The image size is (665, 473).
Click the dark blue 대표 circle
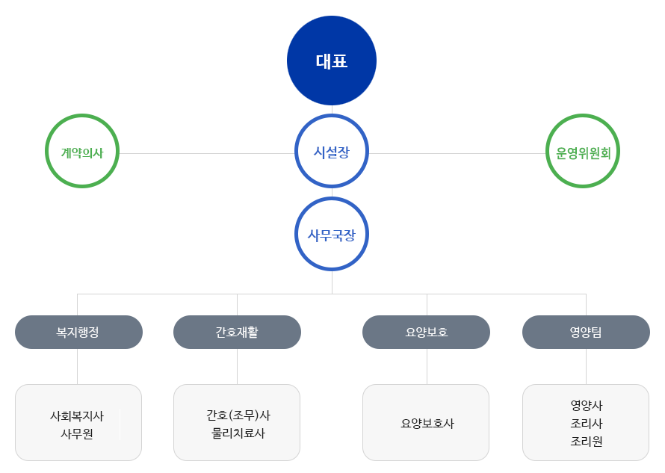click(x=332, y=61)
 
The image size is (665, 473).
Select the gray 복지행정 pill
click(x=79, y=333)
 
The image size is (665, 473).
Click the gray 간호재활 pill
click(x=237, y=333)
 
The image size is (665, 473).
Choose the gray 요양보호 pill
click(x=426, y=333)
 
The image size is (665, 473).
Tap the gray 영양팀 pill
click(x=586, y=333)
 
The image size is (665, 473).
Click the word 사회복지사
click(x=77, y=416)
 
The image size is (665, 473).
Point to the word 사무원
click(x=77, y=434)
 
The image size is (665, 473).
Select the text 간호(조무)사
click(x=238, y=415)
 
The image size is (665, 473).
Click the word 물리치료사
click(x=238, y=433)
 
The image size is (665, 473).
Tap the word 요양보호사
click(x=427, y=424)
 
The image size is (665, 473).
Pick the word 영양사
click(x=587, y=406)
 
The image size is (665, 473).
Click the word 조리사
click(x=587, y=424)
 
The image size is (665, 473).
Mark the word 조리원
click(x=587, y=442)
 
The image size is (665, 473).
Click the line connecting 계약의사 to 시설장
click(x=207, y=154)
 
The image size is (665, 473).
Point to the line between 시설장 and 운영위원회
click(x=457, y=154)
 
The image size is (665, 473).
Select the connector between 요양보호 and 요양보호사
click(x=427, y=367)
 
